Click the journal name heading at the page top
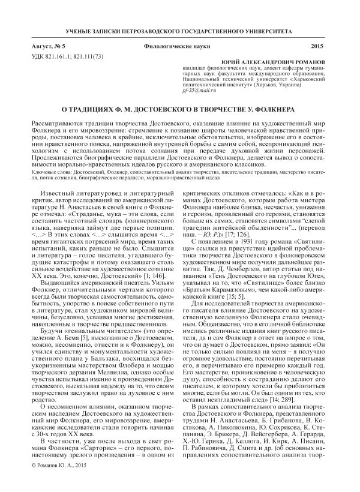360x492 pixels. click(x=180, y=30)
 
